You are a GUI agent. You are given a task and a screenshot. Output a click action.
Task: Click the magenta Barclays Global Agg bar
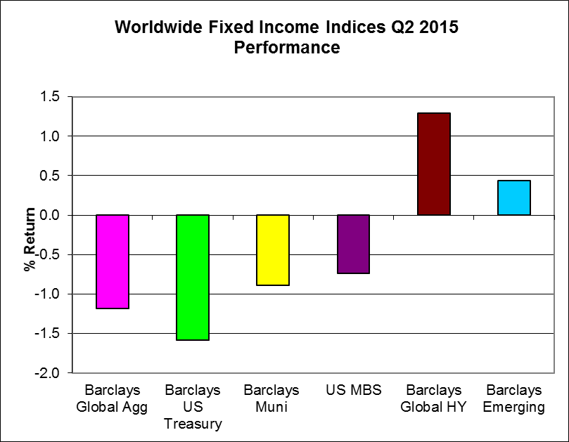pos(113,261)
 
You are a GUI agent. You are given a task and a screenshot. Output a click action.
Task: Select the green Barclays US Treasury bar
pos(193,277)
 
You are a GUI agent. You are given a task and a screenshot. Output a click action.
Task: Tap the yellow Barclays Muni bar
pos(272,249)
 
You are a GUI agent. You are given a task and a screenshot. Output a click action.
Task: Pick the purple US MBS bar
pos(352,244)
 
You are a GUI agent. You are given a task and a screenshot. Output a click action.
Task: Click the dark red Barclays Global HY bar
pos(433,164)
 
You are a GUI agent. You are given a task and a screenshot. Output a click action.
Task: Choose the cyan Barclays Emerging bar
pos(513,197)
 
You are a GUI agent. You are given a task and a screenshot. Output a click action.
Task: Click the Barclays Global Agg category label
pos(113,398)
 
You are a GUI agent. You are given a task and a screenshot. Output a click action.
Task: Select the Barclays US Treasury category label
pos(193,407)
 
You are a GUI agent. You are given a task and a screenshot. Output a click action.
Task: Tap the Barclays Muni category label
pos(272,398)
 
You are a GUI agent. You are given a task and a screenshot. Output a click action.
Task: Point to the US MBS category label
pos(352,390)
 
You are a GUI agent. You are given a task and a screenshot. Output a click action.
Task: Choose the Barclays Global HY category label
pos(433,398)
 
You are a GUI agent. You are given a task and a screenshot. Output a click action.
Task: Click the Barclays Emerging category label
pos(513,398)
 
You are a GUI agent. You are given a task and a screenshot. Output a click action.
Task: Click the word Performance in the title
pos(287,48)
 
